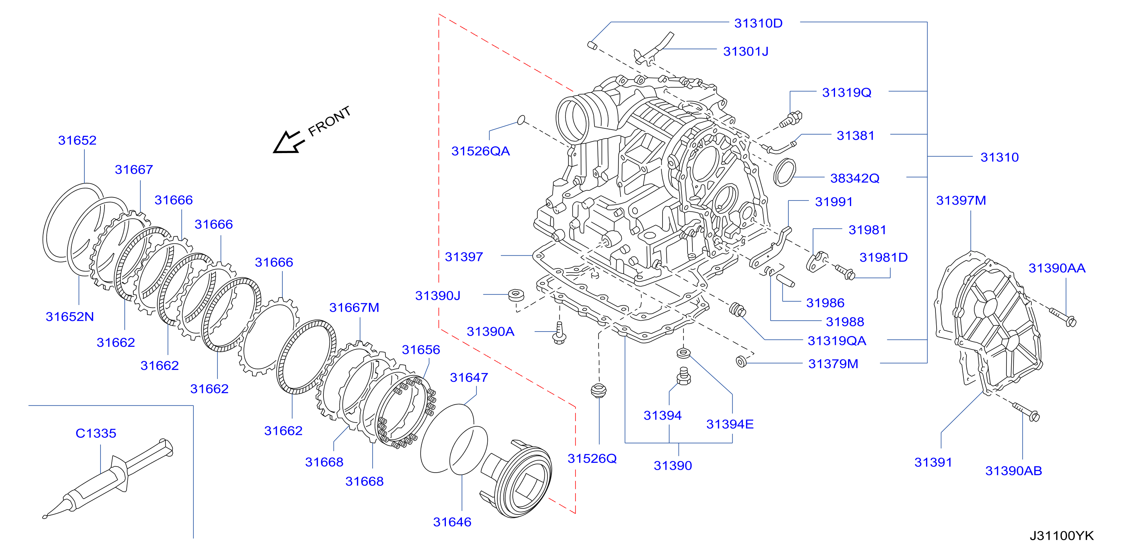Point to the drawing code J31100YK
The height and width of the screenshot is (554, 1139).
pyautogui.click(x=1061, y=535)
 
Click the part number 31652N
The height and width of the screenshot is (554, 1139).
pyautogui.click(x=70, y=317)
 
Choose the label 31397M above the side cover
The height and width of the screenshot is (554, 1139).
pyautogui.click(x=961, y=200)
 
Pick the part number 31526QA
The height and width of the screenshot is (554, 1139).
pyautogui.click(x=480, y=151)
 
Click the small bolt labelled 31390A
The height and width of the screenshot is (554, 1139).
pyautogui.click(x=559, y=333)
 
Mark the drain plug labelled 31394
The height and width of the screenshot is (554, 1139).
pyautogui.click(x=683, y=376)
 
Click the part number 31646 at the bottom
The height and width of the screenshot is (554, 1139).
pyautogui.click(x=452, y=522)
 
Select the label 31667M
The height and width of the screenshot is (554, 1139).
pyautogui.click(x=354, y=307)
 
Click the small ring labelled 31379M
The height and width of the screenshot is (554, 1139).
pyautogui.click(x=741, y=361)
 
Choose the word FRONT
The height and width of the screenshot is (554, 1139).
pyautogui.click(x=329, y=121)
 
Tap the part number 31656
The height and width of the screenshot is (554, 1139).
pyautogui.click(x=420, y=350)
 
